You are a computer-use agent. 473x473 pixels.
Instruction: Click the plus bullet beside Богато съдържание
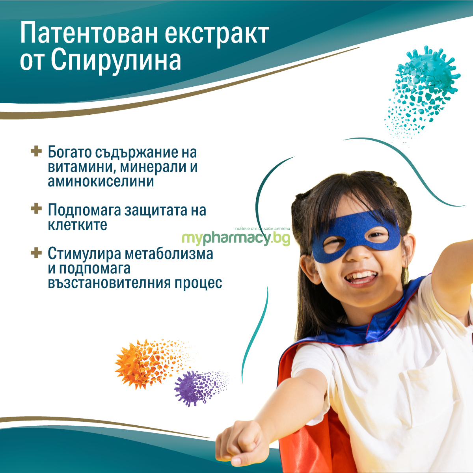(x=36, y=151)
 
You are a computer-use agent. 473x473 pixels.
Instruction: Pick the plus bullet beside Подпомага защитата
(x=36, y=209)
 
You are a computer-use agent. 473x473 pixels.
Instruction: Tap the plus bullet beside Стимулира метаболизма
(x=36, y=253)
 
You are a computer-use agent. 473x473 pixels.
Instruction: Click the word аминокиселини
(x=101, y=182)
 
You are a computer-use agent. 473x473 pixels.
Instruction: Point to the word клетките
(x=78, y=225)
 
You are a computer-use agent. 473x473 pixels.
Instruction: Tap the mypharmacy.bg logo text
(x=236, y=238)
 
